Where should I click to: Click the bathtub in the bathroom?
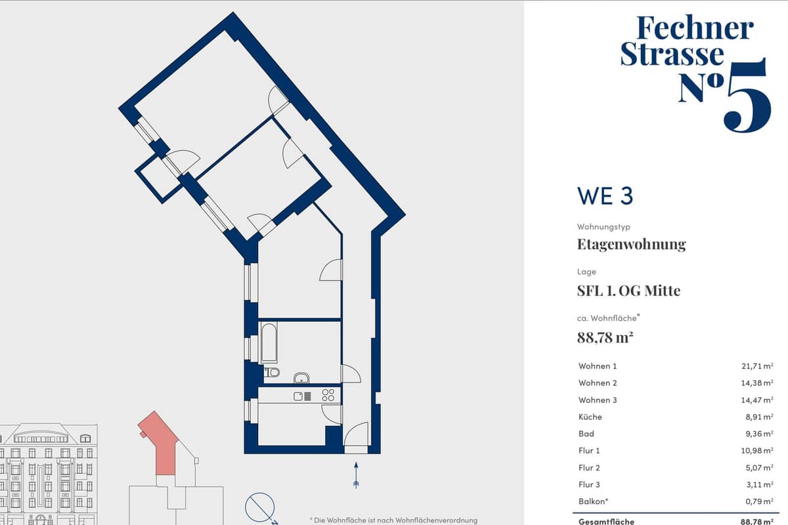point(269,343)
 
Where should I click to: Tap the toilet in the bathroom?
point(272,372)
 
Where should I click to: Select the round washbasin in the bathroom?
point(301,378)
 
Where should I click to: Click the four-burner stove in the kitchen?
point(328,395)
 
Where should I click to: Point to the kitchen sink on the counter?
point(302,396)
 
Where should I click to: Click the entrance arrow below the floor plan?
point(356,475)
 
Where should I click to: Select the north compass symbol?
point(260,508)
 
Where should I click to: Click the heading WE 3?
point(605,196)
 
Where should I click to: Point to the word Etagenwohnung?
point(632,244)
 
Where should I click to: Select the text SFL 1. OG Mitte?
point(628,291)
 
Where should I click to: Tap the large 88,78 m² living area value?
point(605,337)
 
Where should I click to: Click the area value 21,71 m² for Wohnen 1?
point(757,366)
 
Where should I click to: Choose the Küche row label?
point(590,417)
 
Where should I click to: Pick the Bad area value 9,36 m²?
point(759,434)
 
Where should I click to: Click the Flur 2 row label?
point(589,468)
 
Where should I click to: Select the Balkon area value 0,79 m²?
point(759,501)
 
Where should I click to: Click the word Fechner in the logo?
point(695,28)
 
